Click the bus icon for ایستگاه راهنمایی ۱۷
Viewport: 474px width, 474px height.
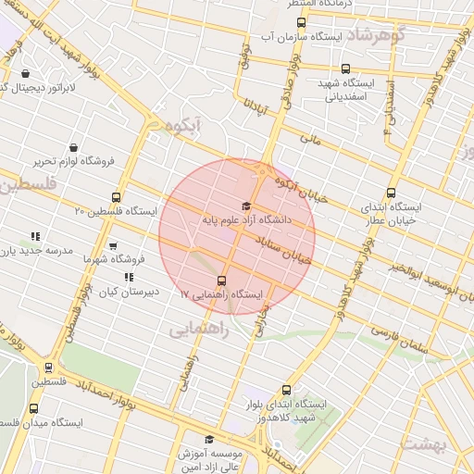221,281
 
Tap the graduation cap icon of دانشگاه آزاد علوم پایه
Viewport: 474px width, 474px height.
245,206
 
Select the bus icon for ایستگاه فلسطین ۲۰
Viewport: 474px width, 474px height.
116,197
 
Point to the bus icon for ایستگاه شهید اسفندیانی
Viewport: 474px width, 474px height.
346,69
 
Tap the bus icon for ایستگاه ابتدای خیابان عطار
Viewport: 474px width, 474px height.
392,193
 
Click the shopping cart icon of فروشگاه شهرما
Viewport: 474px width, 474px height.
113,246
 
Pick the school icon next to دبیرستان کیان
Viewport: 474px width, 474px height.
128,276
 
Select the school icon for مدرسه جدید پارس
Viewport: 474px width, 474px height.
35,236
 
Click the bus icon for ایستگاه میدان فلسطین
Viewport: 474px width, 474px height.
34,408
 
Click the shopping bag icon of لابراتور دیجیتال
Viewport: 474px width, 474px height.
24,73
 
